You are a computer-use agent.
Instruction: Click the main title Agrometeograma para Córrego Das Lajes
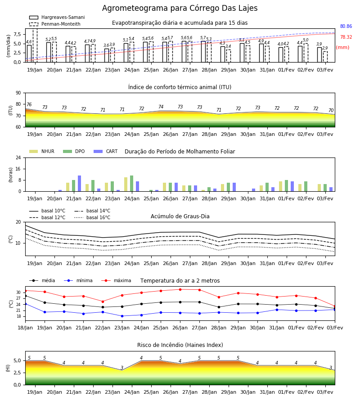point(180,8)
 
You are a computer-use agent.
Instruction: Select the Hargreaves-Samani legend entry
point(57,17)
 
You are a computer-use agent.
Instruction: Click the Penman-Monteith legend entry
point(55,24)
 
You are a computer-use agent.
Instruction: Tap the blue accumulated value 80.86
point(346,27)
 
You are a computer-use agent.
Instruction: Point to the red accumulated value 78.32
point(346,37)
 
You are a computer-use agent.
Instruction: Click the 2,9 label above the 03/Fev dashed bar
point(325,48)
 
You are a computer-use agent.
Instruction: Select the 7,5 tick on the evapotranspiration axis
point(17,34)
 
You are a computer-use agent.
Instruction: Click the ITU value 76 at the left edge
point(29,104)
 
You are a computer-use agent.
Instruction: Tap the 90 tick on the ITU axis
point(18,93)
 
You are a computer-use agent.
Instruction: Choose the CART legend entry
point(106,151)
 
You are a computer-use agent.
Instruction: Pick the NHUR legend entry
point(42,151)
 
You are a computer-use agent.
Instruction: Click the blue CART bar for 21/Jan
point(80,184)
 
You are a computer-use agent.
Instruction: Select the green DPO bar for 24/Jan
point(132,184)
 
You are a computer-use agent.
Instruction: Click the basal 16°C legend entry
point(92,217)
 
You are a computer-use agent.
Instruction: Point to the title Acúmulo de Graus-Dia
point(180,216)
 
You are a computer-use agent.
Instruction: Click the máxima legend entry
point(117,280)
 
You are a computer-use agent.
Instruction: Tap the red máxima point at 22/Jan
point(103,301)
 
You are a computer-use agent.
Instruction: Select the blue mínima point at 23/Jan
point(122,316)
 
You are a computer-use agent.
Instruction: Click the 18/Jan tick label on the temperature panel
point(25,328)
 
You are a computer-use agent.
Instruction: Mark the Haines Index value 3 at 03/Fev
point(331,368)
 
